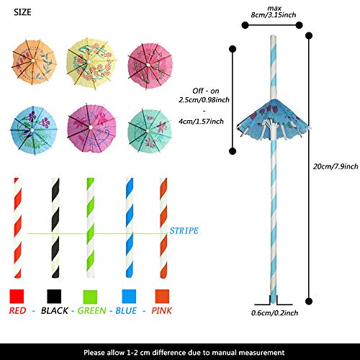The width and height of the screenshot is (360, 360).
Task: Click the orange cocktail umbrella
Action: [34, 62]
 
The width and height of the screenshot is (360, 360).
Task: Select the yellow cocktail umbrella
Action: [91, 63]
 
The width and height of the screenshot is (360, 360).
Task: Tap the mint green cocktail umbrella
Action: [149, 131]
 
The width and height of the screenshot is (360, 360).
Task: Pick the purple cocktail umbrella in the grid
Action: [91, 128]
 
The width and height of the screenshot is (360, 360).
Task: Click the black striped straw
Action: [55, 228]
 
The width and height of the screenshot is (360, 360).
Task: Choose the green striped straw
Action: [91, 228]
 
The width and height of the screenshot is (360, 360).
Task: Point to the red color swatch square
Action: [17, 296]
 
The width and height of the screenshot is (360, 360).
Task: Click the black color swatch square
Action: [54, 296]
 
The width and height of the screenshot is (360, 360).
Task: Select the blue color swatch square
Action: [129, 296]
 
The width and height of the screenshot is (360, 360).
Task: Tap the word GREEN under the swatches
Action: [91, 310]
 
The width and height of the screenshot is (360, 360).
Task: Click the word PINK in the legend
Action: [161, 310]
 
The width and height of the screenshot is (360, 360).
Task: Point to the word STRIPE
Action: [184, 231]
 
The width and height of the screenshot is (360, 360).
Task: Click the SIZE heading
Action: [22, 12]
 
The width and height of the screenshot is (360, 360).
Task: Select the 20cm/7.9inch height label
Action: [336, 166]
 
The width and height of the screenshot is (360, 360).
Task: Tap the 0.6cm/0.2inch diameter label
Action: [274, 313]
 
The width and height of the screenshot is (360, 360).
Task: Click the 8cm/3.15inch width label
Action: [274, 15]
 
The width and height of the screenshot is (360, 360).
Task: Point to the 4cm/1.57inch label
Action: [201, 122]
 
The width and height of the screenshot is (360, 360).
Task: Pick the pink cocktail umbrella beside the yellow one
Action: [150, 66]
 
